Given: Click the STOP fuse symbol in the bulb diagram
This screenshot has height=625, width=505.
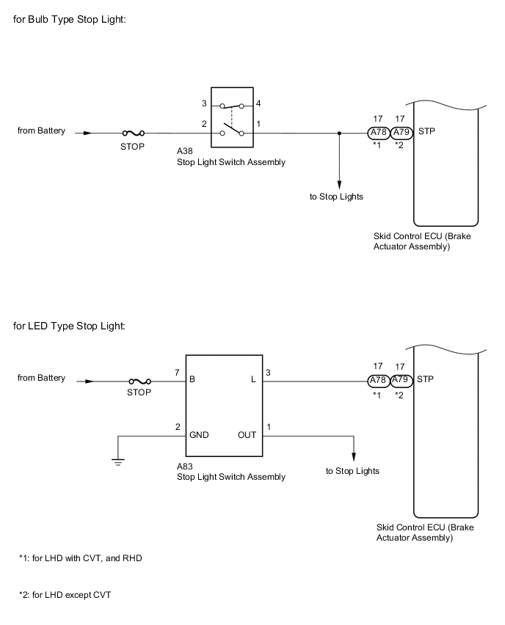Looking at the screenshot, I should click(133, 134).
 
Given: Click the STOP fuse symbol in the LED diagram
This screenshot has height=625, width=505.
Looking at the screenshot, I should click(139, 381).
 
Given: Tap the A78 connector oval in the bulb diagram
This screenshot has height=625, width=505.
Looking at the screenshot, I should click(378, 133).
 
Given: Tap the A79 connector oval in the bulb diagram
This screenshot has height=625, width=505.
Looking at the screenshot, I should click(401, 133).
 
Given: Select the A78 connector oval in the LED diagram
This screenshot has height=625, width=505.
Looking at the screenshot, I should click(378, 381).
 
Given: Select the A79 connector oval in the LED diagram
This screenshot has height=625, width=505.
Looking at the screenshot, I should click(401, 381).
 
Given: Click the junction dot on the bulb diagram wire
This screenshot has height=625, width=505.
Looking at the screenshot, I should click(338, 134).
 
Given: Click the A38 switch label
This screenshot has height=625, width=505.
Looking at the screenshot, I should click(184, 151).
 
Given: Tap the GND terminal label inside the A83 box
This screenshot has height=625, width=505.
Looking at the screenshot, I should click(199, 434).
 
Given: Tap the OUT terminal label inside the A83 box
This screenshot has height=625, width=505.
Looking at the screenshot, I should click(247, 434).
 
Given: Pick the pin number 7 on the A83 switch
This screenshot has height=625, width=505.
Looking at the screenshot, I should click(178, 373).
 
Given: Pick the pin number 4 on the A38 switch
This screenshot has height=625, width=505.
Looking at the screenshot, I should click(258, 105).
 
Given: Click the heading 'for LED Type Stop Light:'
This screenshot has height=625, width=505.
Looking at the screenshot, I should click(69, 326).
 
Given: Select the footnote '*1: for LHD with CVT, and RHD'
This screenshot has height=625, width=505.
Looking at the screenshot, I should click(80, 558).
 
